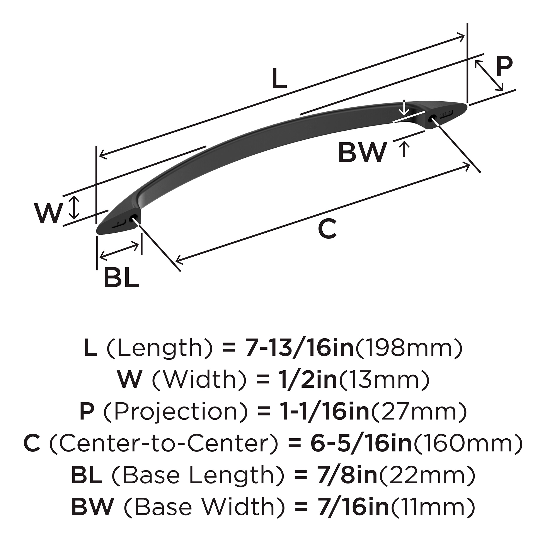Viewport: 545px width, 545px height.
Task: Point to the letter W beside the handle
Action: point(48,213)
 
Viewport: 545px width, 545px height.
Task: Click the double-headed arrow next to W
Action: point(74,208)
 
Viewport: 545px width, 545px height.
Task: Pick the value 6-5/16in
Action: point(361,444)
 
